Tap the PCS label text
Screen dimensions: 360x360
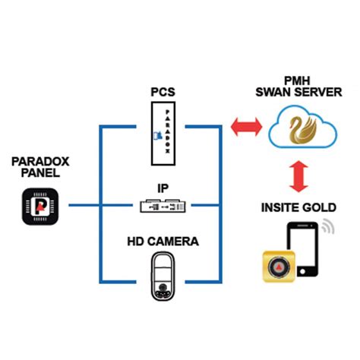163,92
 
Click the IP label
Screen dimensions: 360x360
162,185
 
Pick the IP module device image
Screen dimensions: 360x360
162,205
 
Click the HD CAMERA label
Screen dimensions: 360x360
163,242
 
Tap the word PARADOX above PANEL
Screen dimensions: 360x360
40,162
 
